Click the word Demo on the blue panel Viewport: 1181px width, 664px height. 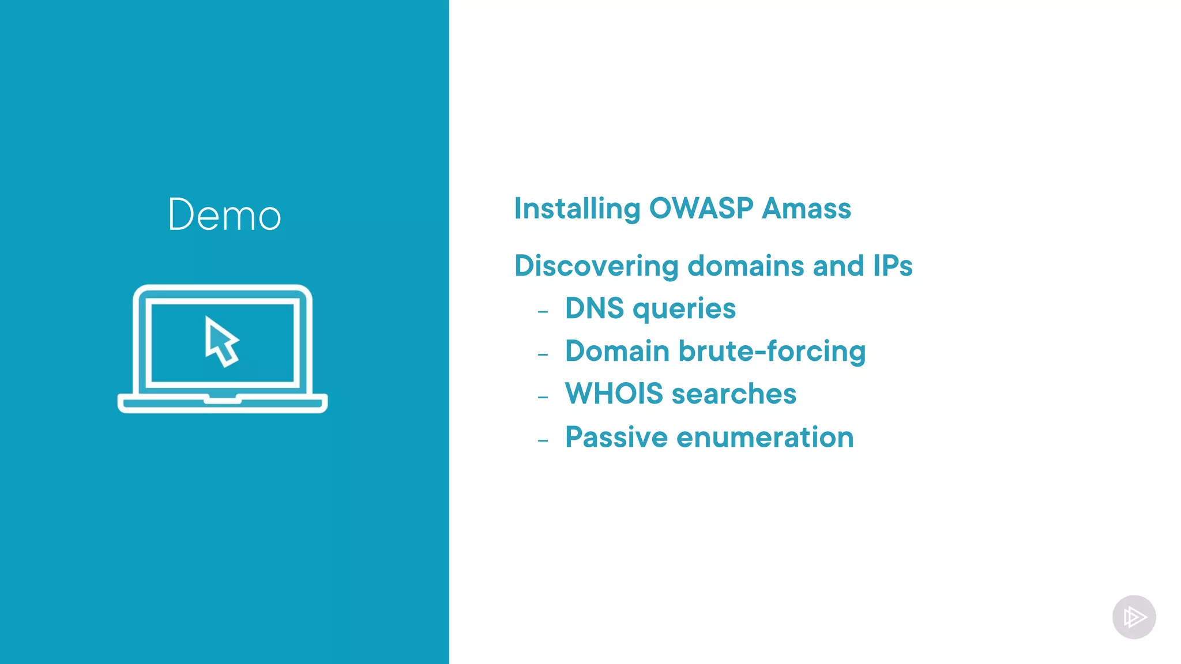224,214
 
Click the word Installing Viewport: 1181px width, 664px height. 577,209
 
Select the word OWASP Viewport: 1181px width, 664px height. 701,208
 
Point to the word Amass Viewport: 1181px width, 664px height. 806,208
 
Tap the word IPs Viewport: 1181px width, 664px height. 892,266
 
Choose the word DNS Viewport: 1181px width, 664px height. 594,308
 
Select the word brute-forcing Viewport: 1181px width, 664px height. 772,351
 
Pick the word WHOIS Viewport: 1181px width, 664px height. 614,394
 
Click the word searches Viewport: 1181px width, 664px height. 734,394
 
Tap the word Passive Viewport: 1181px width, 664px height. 616,437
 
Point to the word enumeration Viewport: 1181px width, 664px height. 765,437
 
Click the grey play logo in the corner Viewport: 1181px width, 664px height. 1134,617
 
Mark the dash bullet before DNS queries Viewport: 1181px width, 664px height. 543,312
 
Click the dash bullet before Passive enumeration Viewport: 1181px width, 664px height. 543,441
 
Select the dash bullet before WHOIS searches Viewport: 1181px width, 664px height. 543,397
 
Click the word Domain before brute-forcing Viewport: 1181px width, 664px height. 617,351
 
